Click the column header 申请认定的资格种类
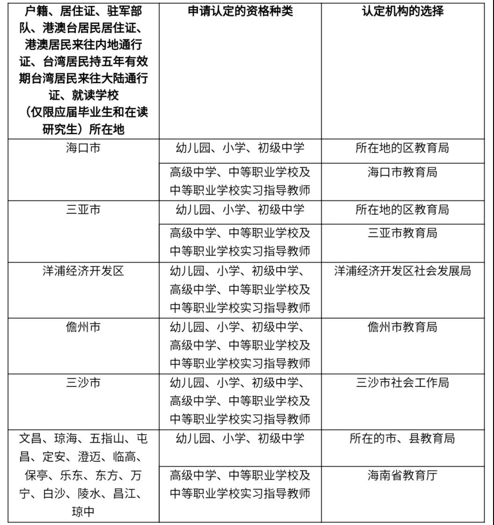click(x=240, y=11)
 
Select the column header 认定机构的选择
click(x=402, y=11)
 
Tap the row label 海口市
click(x=83, y=148)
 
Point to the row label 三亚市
click(x=83, y=210)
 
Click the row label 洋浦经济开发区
click(x=83, y=271)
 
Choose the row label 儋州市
click(x=83, y=327)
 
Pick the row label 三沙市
click(x=83, y=383)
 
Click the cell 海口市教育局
click(x=402, y=172)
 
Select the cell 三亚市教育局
click(x=402, y=233)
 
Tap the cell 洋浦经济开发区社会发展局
click(x=402, y=271)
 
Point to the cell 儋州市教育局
click(x=402, y=327)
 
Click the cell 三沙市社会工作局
click(x=402, y=383)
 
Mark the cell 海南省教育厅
click(x=402, y=476)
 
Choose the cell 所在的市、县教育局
click(x=402, y=438)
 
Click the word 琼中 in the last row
click(x=83, y=512)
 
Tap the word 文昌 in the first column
click(x=31, y=439)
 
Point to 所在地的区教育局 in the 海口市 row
click(x=402, y=148)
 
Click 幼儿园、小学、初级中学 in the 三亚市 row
click(x=240, y=210)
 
